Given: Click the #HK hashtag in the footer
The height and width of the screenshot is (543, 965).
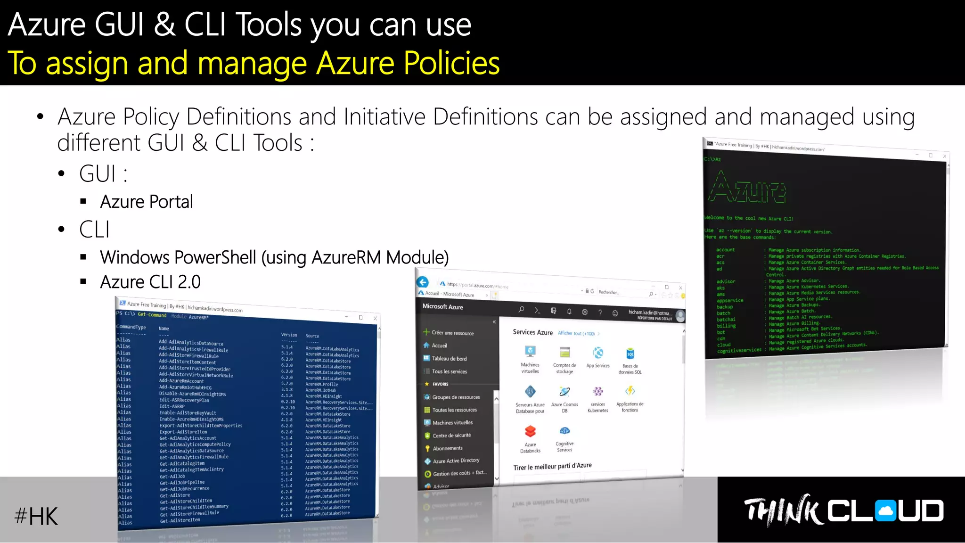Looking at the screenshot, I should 36,516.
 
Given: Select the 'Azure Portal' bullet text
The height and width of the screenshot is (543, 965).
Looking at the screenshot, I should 147,202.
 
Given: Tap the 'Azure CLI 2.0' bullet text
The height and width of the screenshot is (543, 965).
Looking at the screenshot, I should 150,282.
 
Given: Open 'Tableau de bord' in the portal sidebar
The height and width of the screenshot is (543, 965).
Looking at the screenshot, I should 449,359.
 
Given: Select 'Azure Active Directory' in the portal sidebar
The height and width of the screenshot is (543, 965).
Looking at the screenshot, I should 456,461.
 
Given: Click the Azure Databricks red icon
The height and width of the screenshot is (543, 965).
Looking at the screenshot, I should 530,431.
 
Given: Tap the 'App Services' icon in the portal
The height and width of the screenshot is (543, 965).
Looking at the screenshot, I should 598,353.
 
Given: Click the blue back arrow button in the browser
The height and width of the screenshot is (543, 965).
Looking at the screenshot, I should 423,282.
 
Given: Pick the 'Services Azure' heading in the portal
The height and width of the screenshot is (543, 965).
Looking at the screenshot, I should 532,332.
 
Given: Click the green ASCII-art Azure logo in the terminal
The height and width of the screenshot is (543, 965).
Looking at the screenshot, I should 747,189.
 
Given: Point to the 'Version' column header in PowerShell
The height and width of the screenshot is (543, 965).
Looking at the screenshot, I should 289,335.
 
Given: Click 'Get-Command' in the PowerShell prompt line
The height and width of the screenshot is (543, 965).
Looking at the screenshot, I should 152,315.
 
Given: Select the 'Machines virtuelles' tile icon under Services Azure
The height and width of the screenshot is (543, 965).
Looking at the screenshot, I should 530,352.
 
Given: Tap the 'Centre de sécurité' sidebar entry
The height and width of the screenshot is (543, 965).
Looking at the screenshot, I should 451,436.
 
